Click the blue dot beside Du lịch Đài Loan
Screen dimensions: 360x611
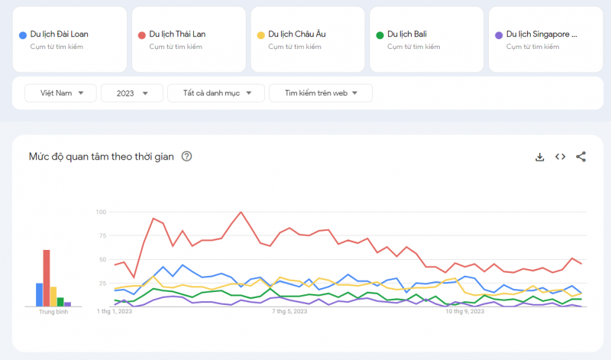tap(23, 34)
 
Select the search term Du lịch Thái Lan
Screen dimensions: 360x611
tap(177, 34)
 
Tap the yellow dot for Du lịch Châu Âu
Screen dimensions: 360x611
tap(261, 34)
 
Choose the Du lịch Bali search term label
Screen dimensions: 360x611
tap(406, 34)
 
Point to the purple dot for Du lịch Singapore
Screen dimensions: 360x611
tap(499, 34)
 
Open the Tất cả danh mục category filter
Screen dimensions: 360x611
tap(216, 93)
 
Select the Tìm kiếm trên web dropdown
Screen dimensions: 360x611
tap(321, 93)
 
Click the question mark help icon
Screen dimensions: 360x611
tap(187, 157)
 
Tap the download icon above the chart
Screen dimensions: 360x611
tap(539, 157)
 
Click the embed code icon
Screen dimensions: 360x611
tap(560, 157)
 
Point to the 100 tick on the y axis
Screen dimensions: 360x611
tap(101, 212)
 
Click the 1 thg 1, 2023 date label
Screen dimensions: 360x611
tap(115, 312)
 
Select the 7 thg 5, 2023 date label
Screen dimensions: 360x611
tap(289, 312)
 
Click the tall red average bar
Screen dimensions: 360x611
tap(47, 277)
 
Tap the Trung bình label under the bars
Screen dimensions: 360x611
tap(53, 313)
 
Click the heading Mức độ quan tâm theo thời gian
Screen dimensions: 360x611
tap(101, 157)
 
